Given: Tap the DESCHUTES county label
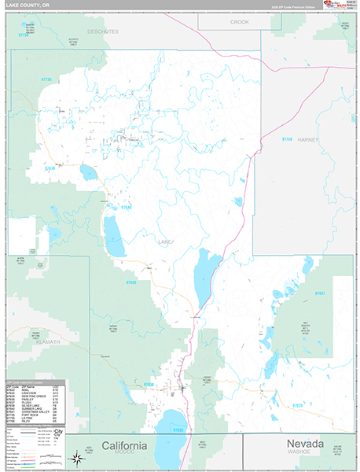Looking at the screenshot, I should coord(103,31).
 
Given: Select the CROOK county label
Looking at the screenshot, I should coord(240,22).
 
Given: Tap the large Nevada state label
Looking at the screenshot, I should coord(300,444).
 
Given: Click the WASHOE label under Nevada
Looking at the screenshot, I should coord(300,453).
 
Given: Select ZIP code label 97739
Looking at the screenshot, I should coord(22,35).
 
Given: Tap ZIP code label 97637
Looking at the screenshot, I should coord(320,293).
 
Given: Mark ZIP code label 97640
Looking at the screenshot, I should coord(126,207).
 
